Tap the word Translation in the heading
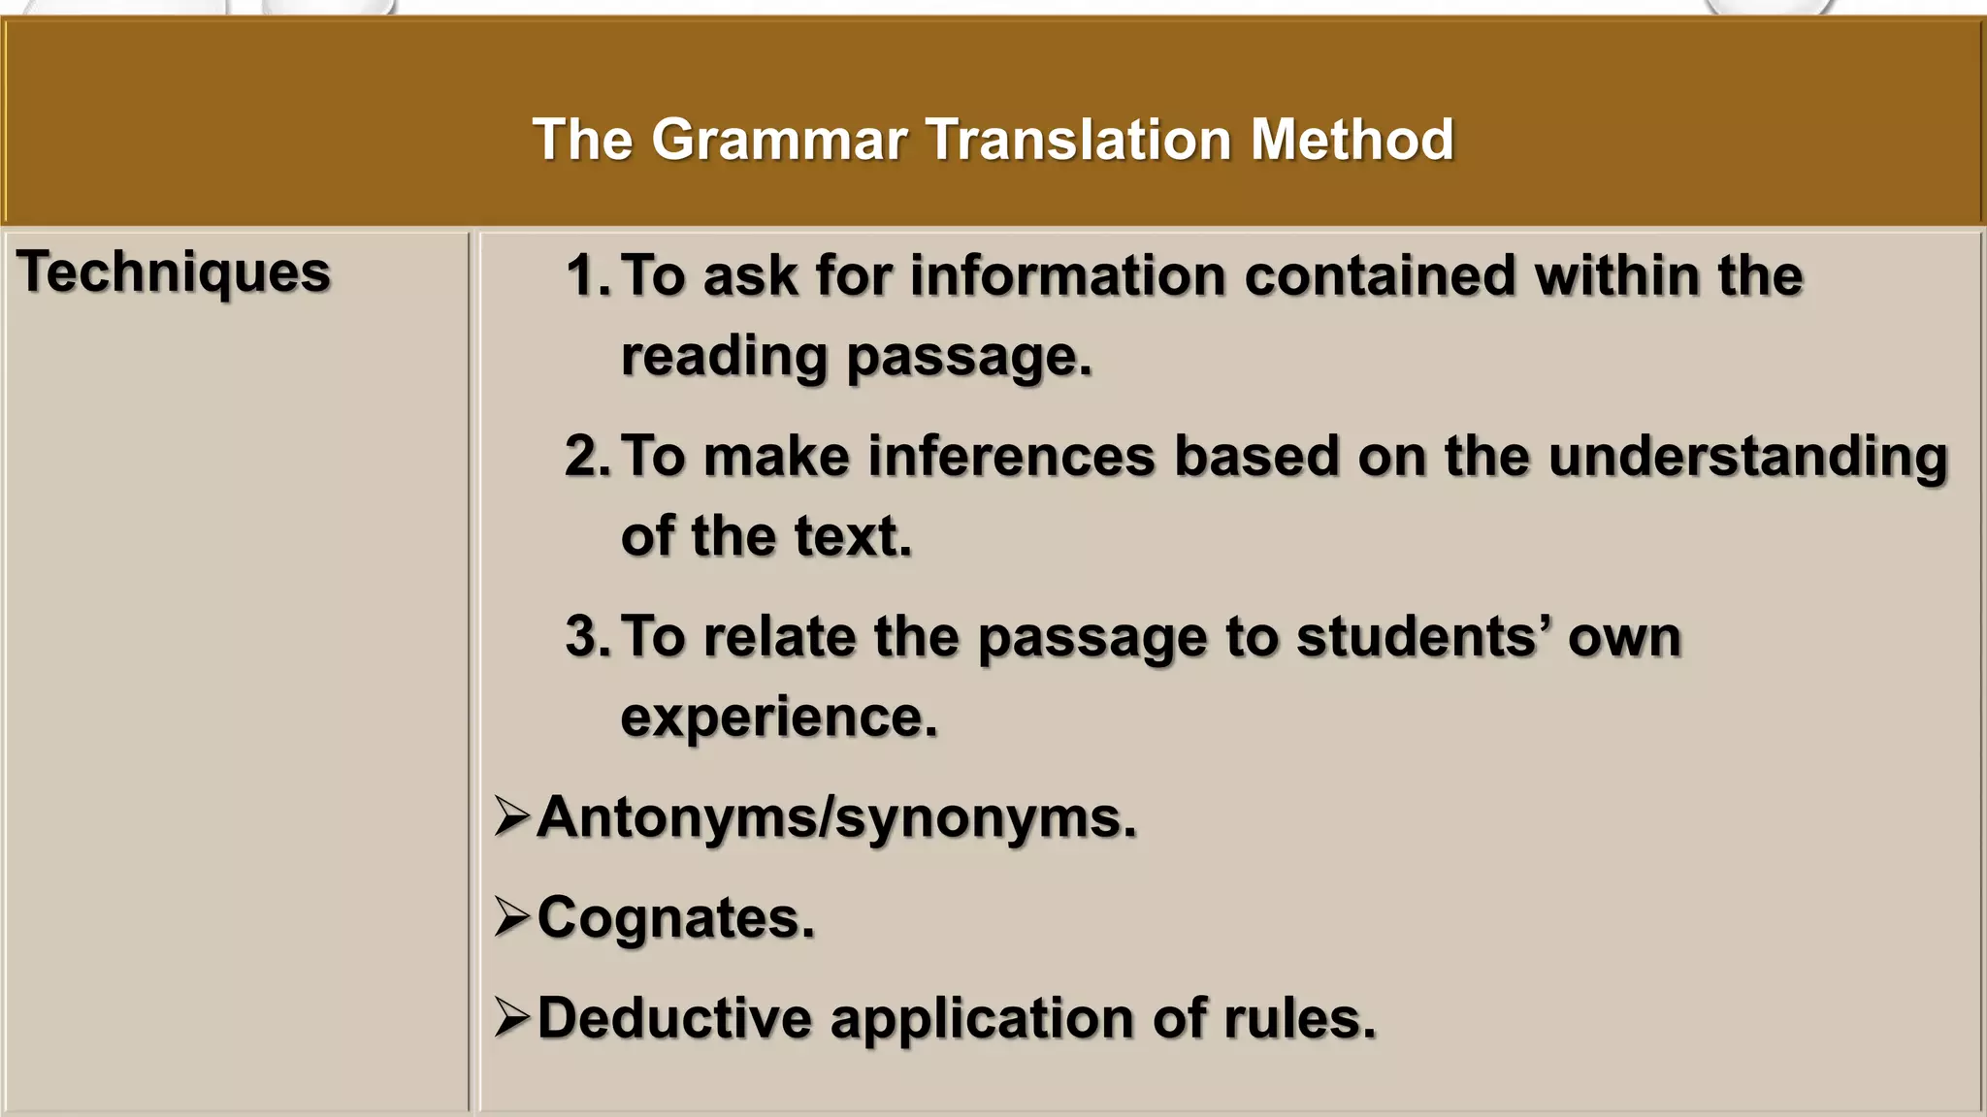click(x=1079, y=140)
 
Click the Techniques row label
click(x=174, y=272)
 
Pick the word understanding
click(x=1747, y=458)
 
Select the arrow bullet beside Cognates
click(x=511, y=916)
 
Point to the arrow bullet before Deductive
click(x=511, y=1017)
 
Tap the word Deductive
click(x=673, y=1017)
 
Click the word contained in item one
click(x=1379, y=275)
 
